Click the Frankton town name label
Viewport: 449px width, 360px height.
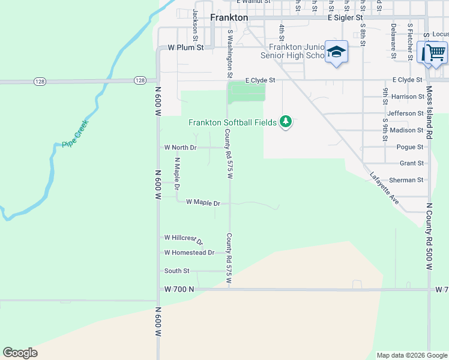(x=229, y=18)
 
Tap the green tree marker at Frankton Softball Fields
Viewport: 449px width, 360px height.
(x=286, y=122)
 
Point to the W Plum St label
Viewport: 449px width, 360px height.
(x=185, y=47)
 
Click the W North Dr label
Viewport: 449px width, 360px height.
(x=180, y=148)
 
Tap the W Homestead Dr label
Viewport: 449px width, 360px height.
(x=190, y=253)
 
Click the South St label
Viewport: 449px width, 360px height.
(x=176, y=271)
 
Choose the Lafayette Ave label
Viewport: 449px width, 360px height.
(x=384, y=188)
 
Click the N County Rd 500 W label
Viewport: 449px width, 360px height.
(x=429, y=238)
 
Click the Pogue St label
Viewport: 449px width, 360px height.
(x=410, y=147)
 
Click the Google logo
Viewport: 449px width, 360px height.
(x=20, y=353)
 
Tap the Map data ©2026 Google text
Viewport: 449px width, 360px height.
(x=411, y=355)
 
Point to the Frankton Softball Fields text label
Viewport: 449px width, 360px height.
(x=232, y=122)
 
